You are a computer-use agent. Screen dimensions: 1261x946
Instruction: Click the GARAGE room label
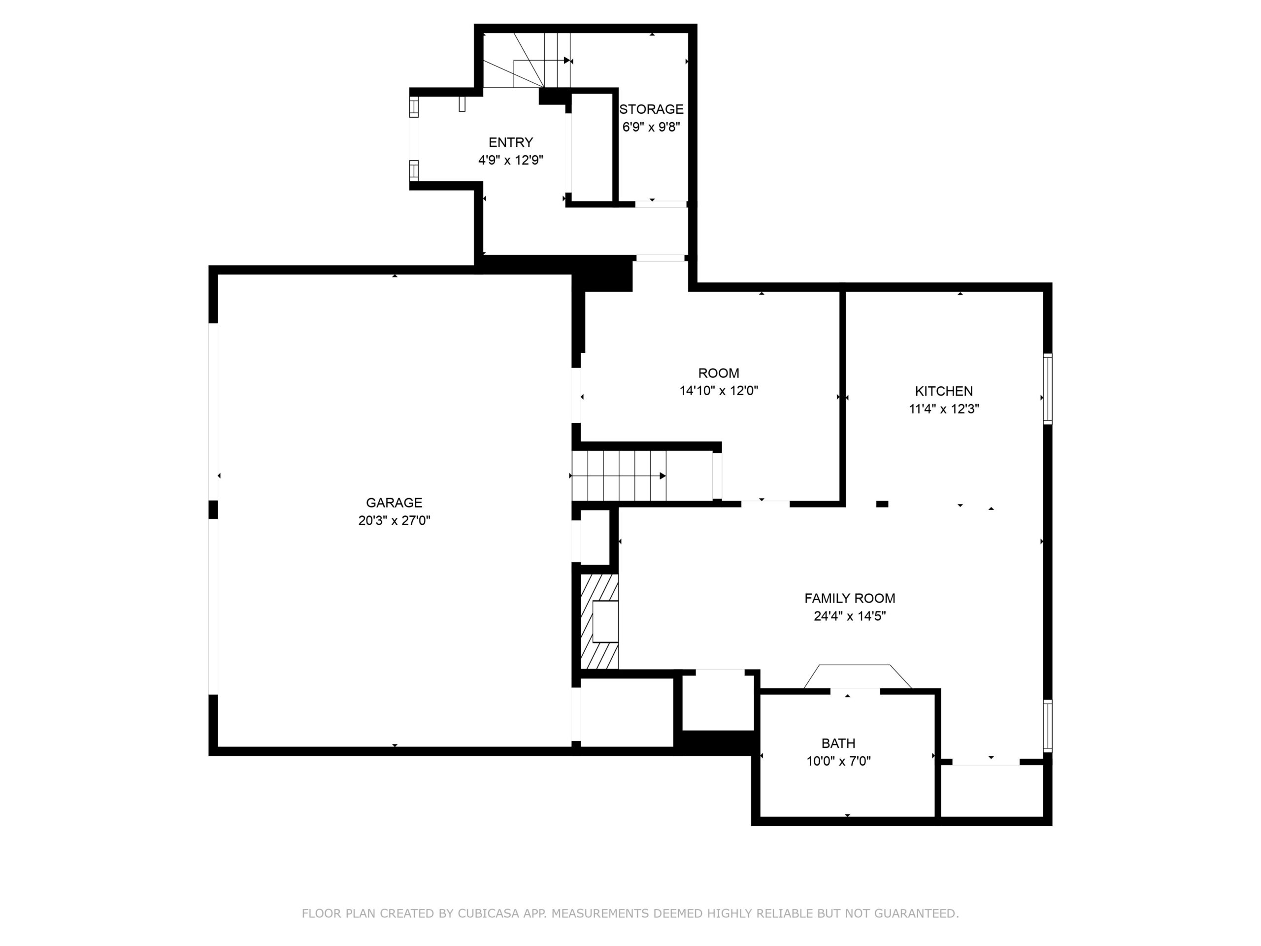point(394,503)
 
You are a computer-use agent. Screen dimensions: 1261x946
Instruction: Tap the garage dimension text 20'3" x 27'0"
point(394,520)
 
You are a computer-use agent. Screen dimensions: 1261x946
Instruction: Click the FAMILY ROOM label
point(849,598)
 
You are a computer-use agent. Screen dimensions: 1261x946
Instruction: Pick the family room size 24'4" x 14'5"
point(849,616)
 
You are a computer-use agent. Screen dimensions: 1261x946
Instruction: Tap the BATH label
point(838,743)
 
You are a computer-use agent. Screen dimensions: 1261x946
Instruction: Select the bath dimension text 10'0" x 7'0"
point(838,761)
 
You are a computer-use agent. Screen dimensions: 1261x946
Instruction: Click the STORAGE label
point(651,109)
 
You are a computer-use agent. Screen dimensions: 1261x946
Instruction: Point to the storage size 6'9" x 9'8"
point(651,127)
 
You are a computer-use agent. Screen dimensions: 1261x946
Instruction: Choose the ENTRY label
point(511,142)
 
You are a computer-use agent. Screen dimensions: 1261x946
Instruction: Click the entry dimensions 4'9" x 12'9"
point(511,160)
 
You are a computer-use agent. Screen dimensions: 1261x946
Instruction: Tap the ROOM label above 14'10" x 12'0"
point(718,373)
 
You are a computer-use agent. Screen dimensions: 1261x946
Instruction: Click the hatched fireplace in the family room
point(599,621)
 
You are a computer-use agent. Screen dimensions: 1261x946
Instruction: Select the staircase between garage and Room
point(619,475)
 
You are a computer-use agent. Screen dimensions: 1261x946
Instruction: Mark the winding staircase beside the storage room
point(527,61)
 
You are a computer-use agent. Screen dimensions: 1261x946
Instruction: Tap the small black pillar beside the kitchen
point(882,504)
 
